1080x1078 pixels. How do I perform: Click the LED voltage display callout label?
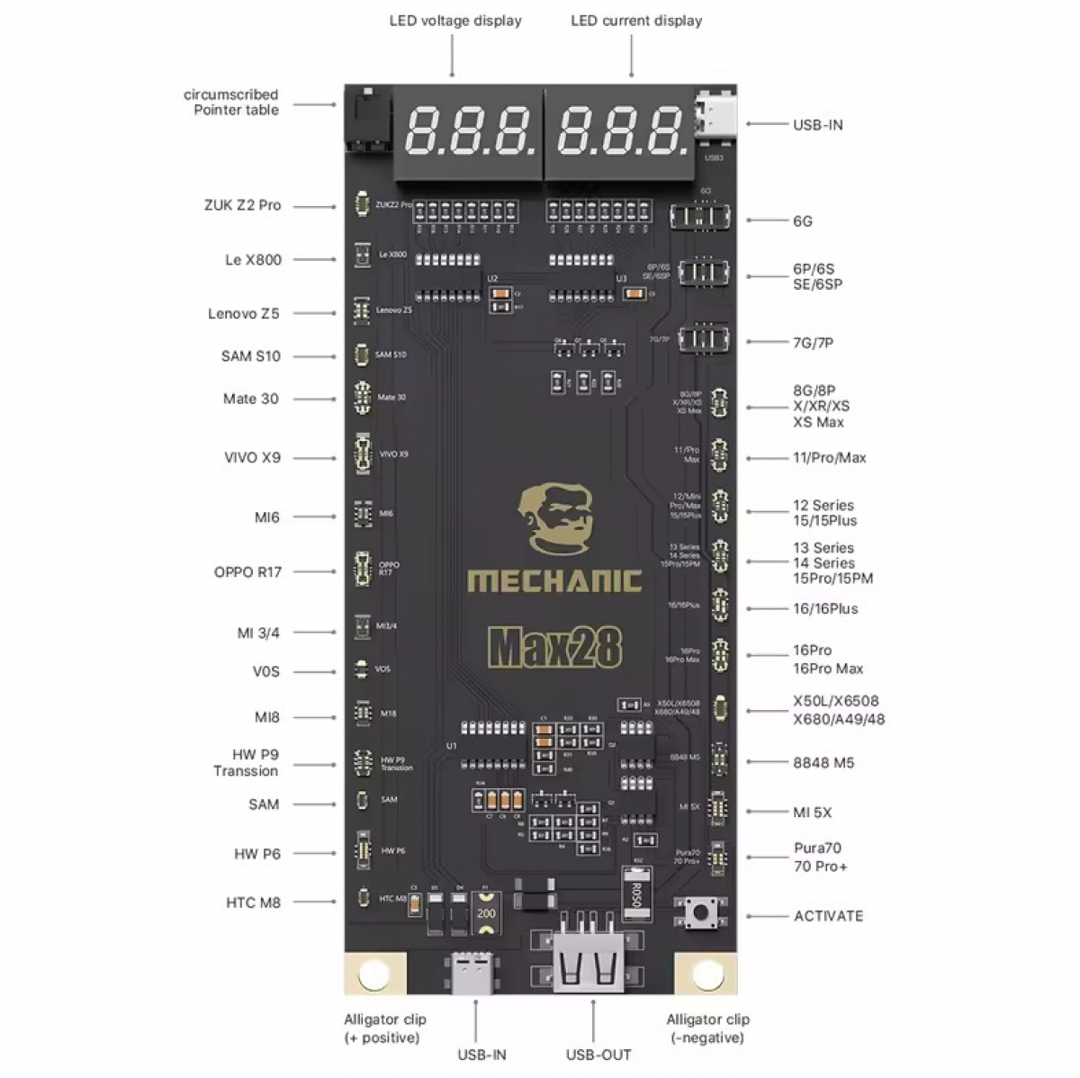coord(455,21)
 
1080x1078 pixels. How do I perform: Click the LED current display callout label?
coord(636,21)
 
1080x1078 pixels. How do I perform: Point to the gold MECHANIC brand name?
coord(554,581)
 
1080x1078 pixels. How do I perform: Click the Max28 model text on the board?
coord(554,645)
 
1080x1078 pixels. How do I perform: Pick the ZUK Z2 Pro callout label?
coord(242,205)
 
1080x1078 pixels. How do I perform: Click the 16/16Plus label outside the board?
coord(825,609)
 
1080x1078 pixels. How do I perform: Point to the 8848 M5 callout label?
coord(823,763)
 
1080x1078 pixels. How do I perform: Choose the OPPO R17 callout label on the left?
coord(247,572)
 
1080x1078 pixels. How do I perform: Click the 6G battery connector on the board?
coord(701,217)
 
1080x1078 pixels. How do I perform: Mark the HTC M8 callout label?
coord(253,903)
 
